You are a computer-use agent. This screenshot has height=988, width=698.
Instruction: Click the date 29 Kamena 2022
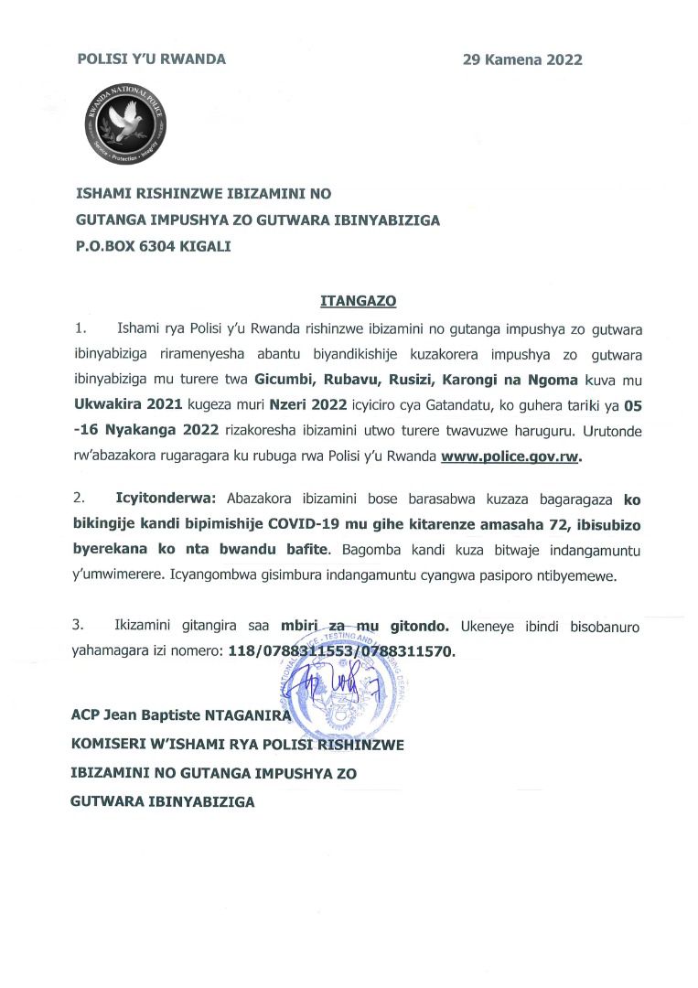pyautogui.click(x=522, y=60)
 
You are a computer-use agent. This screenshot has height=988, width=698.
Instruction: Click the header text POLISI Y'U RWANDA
pyautogui.click(x=151, y=60)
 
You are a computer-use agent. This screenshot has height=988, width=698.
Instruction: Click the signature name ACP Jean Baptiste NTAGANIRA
pyautogui.click(x=179, y=715)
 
